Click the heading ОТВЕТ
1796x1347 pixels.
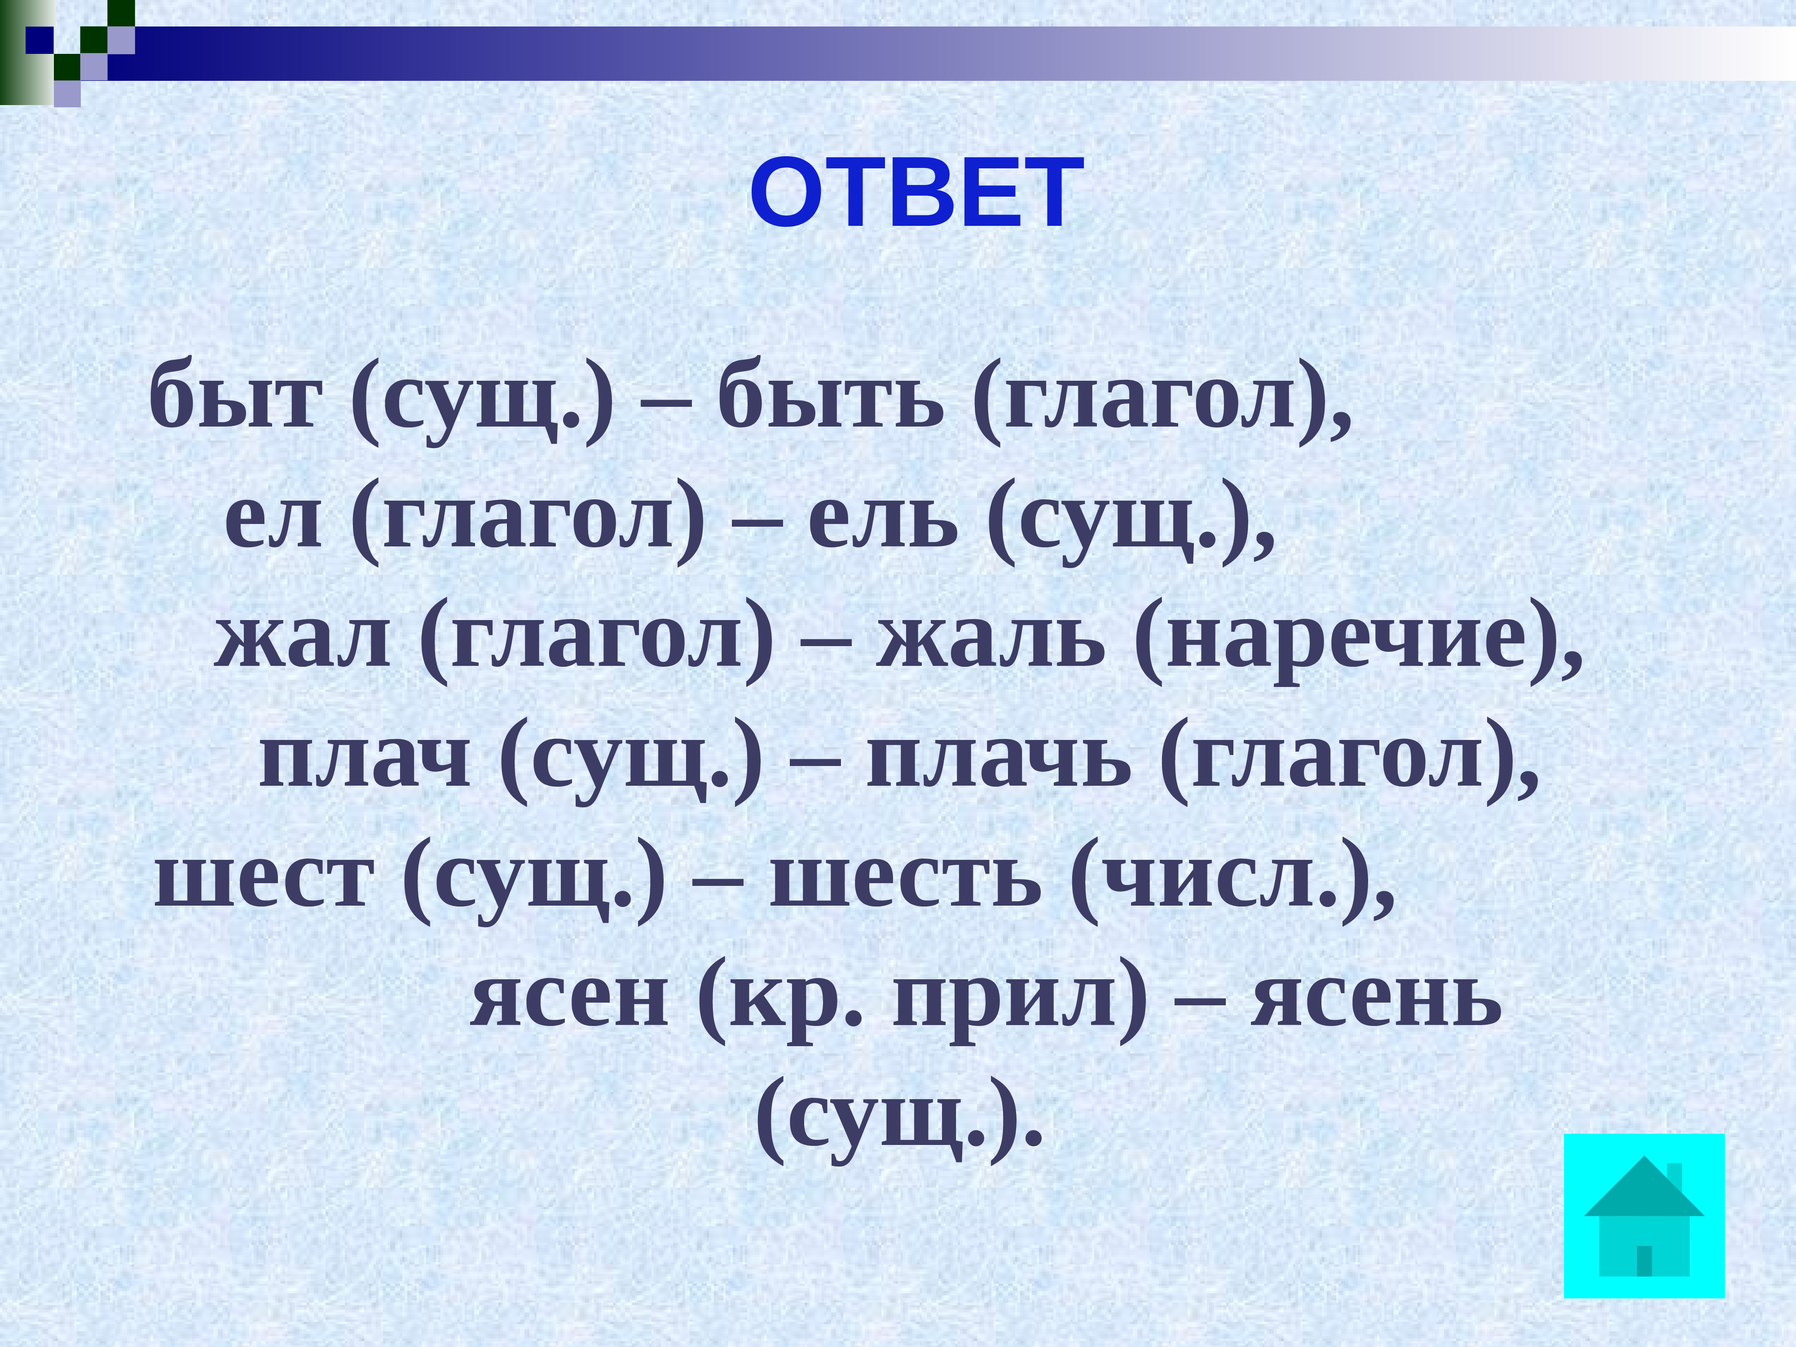coord(916,193)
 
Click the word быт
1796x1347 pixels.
coord(234,398)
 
